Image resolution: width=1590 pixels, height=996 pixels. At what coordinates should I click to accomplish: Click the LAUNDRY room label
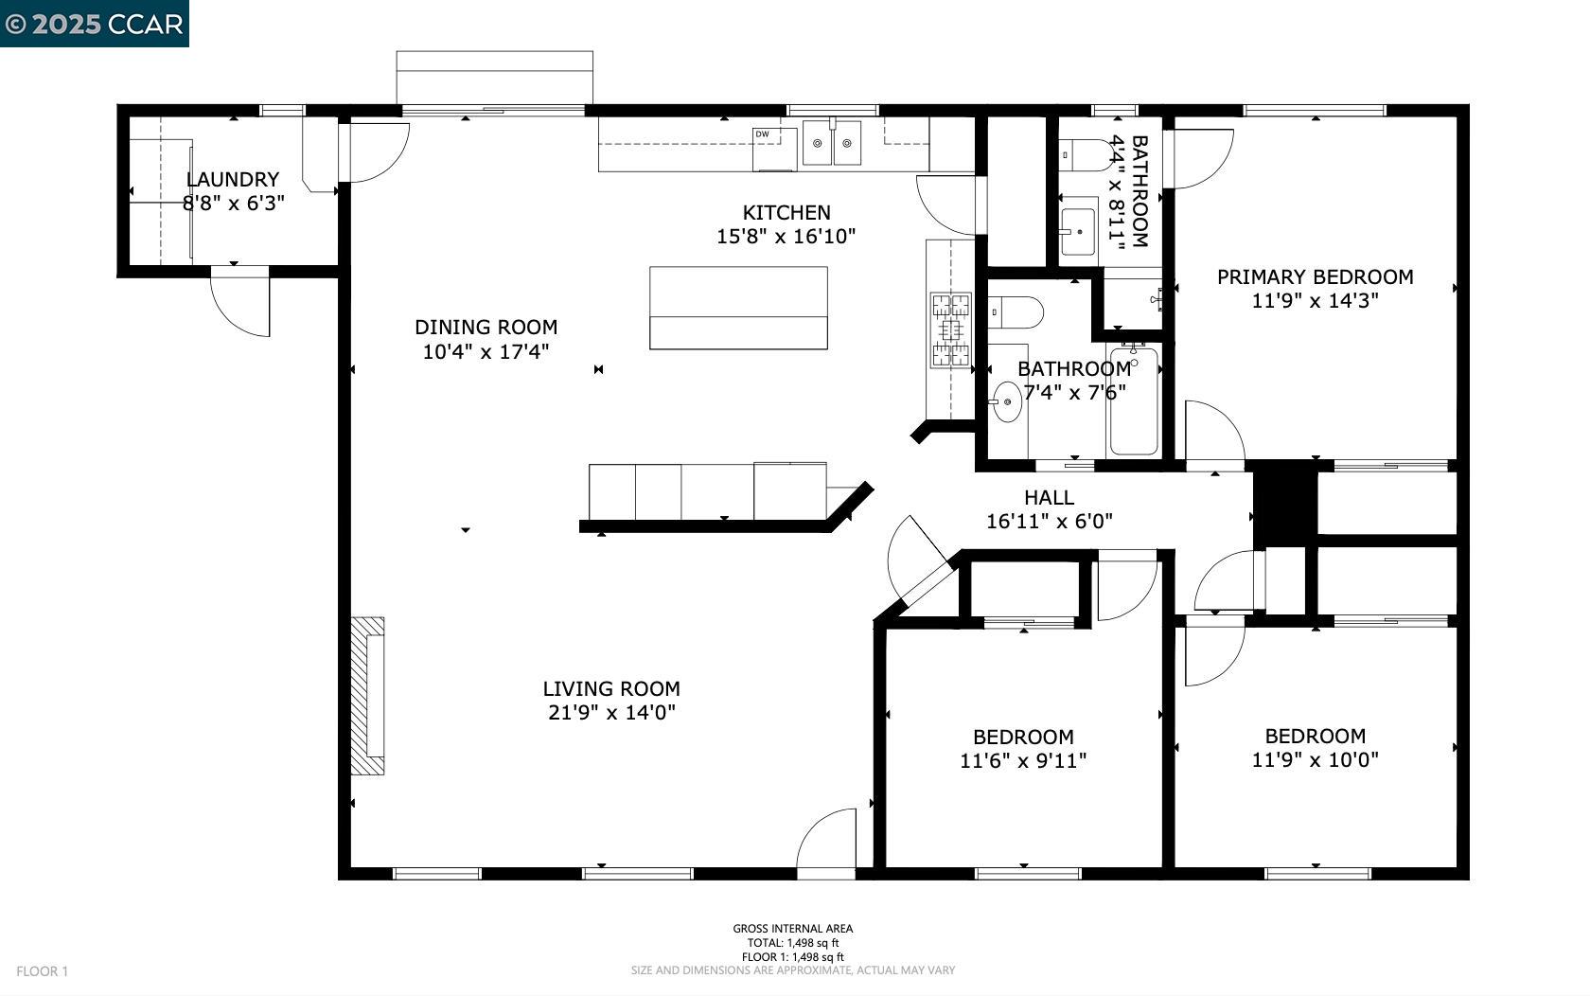click(233, 180)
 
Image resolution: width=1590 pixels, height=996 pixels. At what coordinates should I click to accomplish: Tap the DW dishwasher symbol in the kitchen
click(762, 134)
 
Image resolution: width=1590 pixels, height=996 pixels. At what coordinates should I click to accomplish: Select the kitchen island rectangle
click(738, 308)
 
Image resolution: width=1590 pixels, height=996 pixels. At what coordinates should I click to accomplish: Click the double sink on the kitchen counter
click(833, 143)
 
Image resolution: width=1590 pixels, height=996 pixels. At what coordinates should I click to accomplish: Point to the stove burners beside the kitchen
click(950, 329)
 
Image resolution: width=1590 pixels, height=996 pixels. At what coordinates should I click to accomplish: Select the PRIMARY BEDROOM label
click(1315, 276)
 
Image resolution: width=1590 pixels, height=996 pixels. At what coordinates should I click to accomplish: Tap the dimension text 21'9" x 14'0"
click(611, 712)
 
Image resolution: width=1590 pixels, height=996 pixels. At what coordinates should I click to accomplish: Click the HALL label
click(1049, 497)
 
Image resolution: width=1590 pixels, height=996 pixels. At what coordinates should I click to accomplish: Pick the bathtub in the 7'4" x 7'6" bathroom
click(1134, 401)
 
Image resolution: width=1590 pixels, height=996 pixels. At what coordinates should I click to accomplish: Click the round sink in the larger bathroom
click(1007, 402)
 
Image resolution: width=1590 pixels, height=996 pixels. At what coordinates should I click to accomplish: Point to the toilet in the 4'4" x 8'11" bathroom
click(1083, 153)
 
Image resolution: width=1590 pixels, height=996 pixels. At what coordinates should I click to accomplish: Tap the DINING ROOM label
click(486, 328)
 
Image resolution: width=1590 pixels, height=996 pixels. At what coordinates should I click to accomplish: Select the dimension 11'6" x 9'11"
click(1023, 760)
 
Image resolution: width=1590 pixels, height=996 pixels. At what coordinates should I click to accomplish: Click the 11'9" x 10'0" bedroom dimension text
click(1315, 759)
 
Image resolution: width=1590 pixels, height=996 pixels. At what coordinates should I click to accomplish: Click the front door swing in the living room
click(829, 841)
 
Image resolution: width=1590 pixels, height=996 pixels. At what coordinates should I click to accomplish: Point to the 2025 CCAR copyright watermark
click(94, 24)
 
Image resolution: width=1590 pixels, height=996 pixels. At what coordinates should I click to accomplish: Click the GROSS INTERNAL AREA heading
click(792, 929)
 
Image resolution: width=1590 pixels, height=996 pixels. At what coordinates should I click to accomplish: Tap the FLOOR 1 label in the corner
click(43, 971)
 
